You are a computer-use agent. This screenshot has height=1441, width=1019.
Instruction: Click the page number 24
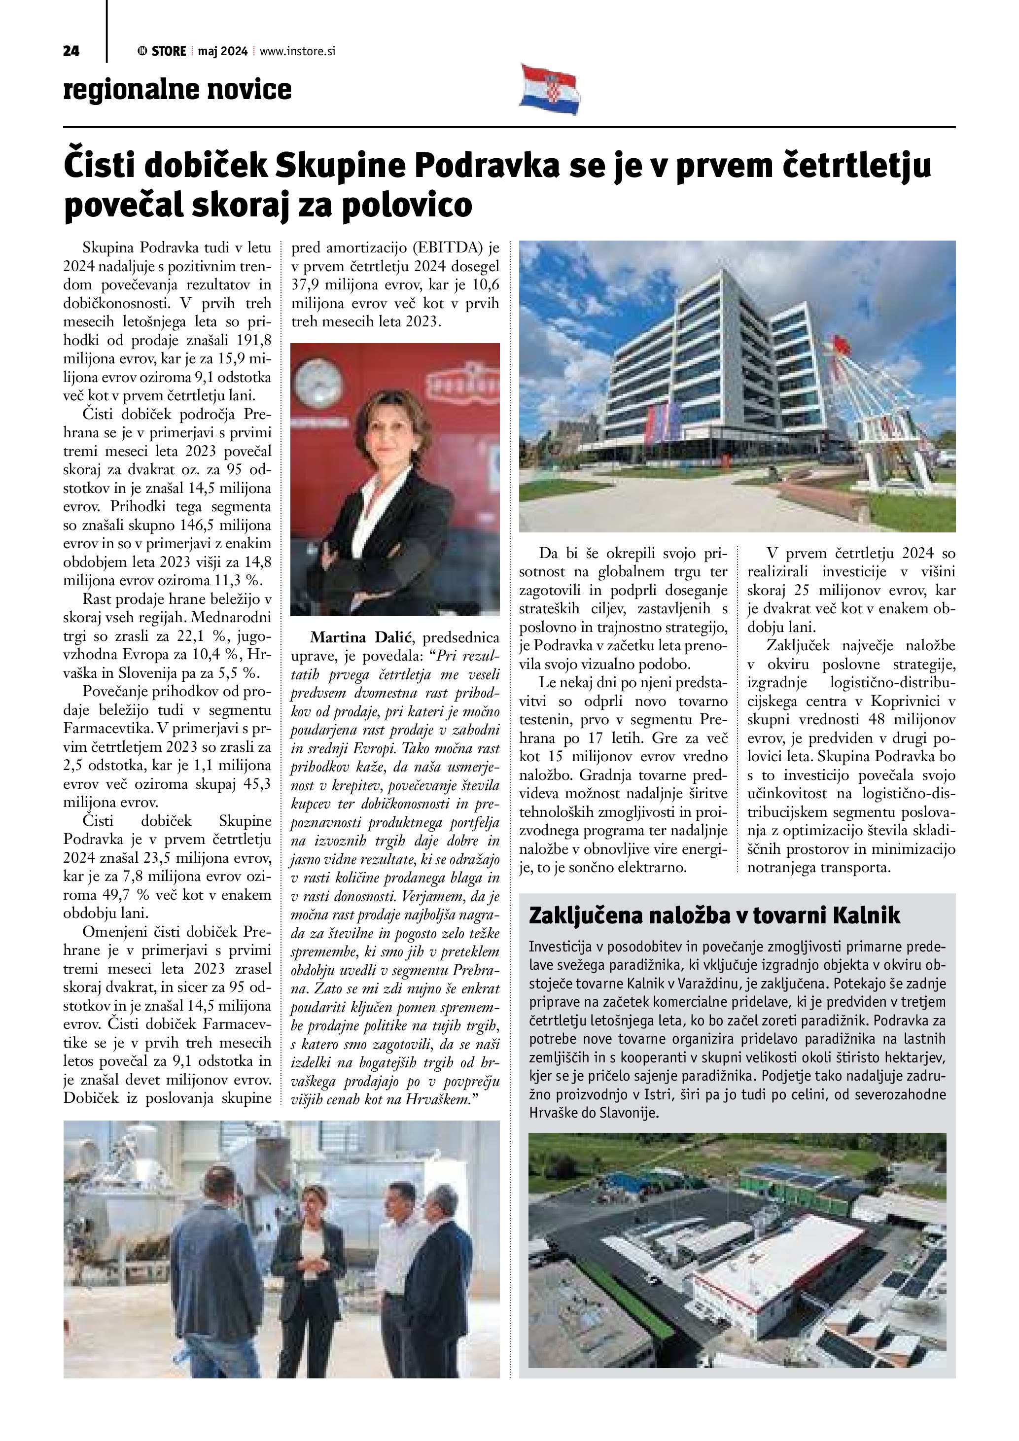click(71, 51)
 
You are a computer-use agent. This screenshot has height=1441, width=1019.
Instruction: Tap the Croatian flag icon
click(549, 89)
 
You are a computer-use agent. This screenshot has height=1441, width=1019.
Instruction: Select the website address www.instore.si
click(297, 51)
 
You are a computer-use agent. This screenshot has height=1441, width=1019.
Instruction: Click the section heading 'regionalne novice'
click(177, 90)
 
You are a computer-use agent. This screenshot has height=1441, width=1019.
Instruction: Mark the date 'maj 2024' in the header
click(223, 51)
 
